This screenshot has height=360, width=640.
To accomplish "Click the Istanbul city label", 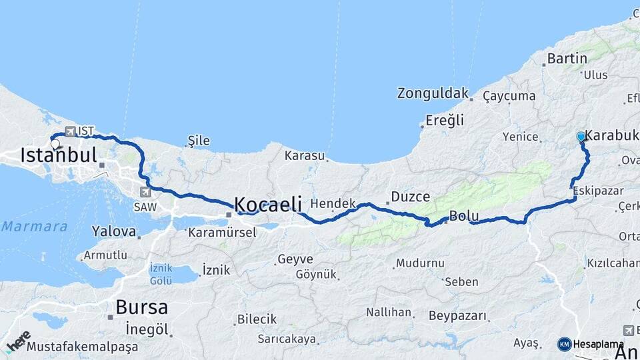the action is point(59,156).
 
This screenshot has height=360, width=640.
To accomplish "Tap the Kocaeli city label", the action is point(268,204).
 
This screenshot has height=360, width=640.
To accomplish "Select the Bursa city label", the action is point(141,307).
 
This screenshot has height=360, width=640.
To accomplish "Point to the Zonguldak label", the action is point(433,93).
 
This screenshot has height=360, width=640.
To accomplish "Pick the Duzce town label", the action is point(410,197).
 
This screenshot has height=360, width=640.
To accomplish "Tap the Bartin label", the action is point(567,59).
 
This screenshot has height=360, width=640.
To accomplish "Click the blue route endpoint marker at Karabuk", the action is point(581,137).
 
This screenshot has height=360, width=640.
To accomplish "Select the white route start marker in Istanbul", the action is point(55,143).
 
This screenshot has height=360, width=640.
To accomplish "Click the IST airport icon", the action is point(70,131).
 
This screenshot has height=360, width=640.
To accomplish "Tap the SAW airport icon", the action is point(145,192).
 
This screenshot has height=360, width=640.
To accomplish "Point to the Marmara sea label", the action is point(33,227).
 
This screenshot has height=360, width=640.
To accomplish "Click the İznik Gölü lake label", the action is point(161,273).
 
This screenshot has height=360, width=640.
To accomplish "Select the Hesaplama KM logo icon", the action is point(564,344).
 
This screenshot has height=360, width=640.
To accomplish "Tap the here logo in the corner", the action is point(18,341).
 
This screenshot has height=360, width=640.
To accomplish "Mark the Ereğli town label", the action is point(445,121).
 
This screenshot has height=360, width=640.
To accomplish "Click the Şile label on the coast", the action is point(199,141).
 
